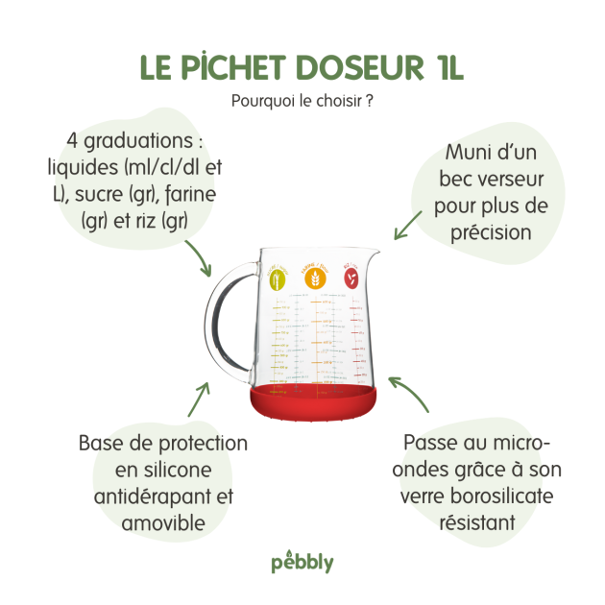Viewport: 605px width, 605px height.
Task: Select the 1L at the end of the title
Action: [x=443, y=67]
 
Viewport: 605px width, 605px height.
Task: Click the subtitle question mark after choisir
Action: [x=371, y=101]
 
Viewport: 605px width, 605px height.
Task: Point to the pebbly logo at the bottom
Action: [x=302, y=562]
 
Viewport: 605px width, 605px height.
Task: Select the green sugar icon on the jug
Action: [x=277, y=279]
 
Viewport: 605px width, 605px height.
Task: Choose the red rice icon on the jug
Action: [x=350, y=279]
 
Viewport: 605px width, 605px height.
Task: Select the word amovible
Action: [x=162, y=523]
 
